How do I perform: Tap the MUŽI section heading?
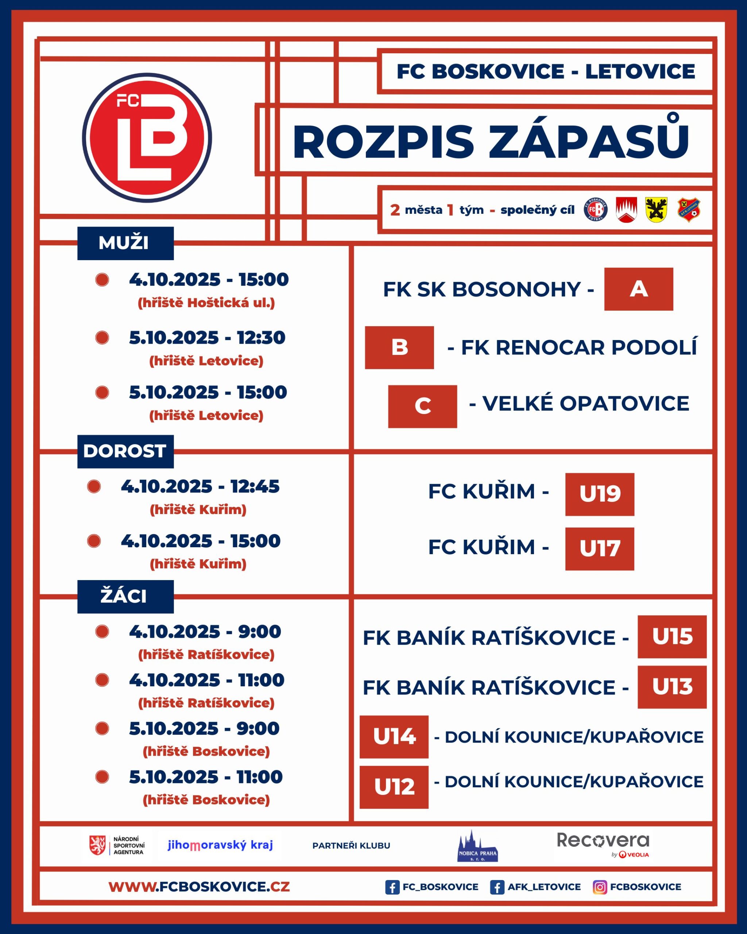coord(125,243)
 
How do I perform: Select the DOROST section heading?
coord(125,451)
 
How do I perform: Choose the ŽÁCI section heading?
coord(125,597)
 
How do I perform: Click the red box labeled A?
coord(638,289)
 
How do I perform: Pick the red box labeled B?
coord(399,347)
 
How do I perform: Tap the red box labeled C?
coord(422,406)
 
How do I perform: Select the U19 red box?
coord(599,494)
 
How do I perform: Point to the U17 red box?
coord(599,549)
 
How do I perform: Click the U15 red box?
coord(671,637)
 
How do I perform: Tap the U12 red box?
coord(394,787)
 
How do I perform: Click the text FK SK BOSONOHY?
coord(481,289)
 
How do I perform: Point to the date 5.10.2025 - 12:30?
coord(207,338)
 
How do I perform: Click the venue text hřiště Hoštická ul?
coord(206,303)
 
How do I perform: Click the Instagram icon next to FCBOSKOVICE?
coord(599,887)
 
